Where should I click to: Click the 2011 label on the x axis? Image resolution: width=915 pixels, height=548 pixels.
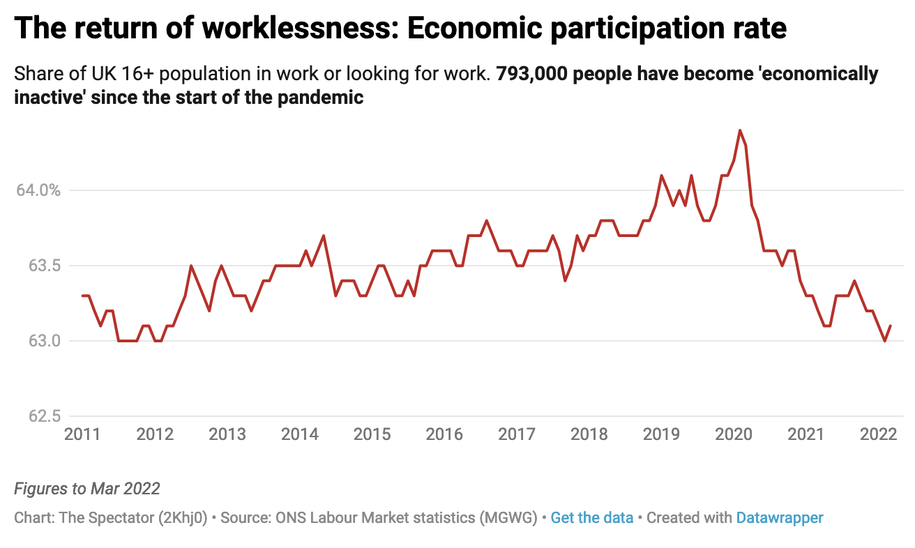(x=82, y=434)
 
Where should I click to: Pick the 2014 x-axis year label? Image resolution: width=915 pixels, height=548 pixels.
(x=299, y=434)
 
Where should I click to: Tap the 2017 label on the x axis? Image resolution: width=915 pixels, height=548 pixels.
(x=516, y=434)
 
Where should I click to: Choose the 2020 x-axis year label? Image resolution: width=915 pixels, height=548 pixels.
(x=734, y=434)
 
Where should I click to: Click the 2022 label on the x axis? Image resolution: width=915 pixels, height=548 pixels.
(x=878, y=434)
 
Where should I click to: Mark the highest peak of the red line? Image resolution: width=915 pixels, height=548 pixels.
(x=740, y=130)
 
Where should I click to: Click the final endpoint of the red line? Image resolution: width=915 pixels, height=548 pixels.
(x=891, y=326)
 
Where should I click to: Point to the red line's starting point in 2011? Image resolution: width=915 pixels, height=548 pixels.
(x=82, y=296)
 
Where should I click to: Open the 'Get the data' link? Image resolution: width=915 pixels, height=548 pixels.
(x=591, y=518)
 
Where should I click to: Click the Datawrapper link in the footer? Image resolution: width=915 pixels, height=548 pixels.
(x=780, y=518)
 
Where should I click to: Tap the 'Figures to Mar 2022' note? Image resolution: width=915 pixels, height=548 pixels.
(x=87, y=489)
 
